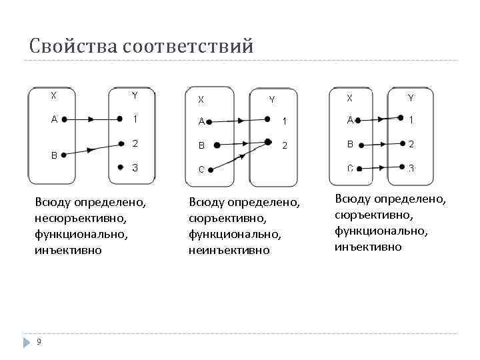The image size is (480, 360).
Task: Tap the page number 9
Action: click(x=39, y=342)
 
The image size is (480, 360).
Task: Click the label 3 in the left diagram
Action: click(x=135, y=167)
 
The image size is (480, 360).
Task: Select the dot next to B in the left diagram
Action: click(x=63, y=155)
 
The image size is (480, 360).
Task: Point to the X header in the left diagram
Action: click(x=54, y=95)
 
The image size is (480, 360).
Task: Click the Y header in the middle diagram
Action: click(x=271, y=100)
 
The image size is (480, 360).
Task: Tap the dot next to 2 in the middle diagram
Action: click(x=268, y=142)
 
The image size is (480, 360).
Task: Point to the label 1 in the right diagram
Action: click(x=411, y=120)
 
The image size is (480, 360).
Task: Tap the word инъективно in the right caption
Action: click(x=368, y=247)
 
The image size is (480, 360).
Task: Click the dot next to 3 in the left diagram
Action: click(x=120, y=167)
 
